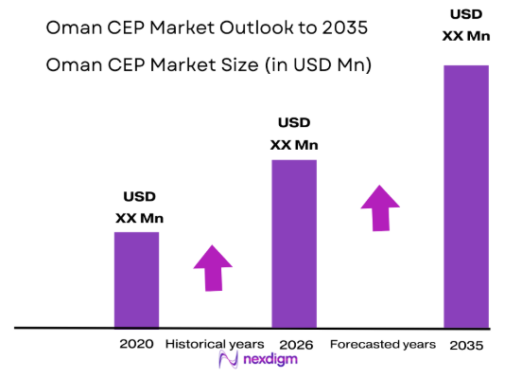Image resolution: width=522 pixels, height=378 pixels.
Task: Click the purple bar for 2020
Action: pos(136,279)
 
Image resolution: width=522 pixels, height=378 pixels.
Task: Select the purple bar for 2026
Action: pos(294,243)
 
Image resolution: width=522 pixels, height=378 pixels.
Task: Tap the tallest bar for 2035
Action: pos(465,196)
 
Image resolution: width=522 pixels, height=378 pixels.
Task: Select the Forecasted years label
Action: pos(382,344)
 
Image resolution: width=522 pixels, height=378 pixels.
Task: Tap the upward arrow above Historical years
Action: pos(213,269)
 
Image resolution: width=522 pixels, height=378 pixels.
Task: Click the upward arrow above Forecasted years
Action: pos(380,207)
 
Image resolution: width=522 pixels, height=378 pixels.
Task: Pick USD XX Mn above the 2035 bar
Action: pos(465,25)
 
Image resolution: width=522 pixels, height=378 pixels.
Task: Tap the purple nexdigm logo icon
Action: pos(227,361)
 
